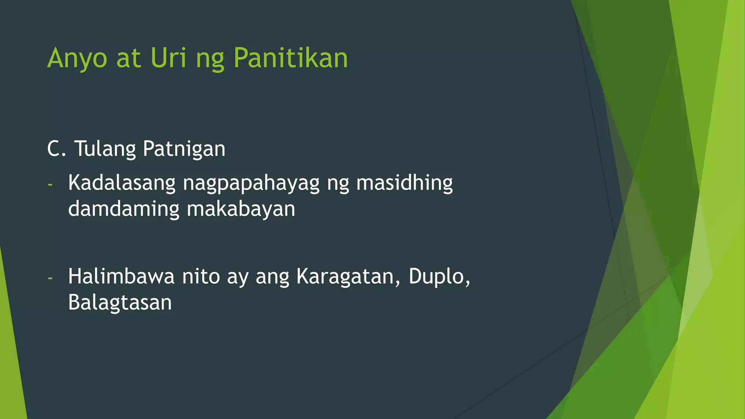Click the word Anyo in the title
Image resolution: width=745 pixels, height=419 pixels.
pos(77,58)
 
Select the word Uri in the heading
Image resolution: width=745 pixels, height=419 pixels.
pos(168,58)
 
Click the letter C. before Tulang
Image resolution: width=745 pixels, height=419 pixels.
pos(57,149)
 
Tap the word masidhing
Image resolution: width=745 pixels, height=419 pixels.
pos(404,183)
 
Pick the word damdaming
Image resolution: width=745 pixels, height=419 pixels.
pos(124,209)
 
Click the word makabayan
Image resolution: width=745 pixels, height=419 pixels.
pos(241,209)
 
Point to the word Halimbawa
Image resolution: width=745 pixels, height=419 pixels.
pos(121,276)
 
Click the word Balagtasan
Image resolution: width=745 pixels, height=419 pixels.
pos(120,303)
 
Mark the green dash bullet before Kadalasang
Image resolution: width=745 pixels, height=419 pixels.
pos(50,185)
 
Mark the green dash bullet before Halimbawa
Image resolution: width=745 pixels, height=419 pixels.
pos(50,278)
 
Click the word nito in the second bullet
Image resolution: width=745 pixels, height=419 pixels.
pos(201,276)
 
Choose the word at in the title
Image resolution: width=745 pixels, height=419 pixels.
pos(128,58)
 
